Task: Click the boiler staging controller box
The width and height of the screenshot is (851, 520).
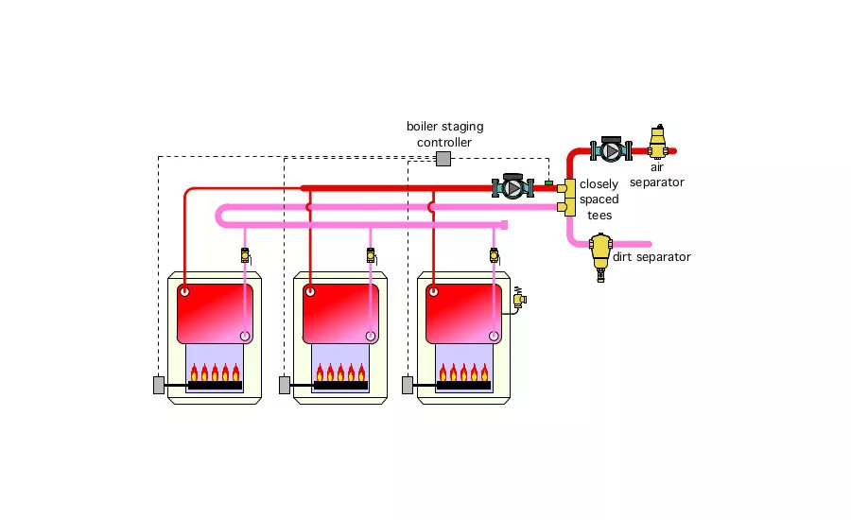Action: [x=443, y=158]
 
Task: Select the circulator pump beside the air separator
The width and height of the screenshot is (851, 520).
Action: [x=611, y=150]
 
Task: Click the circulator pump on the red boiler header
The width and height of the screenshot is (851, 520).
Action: [x=512, y=187]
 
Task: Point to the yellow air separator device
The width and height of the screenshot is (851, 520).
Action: [x=658, y=144]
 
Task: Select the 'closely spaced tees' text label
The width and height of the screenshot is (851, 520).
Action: [x=599, y=199]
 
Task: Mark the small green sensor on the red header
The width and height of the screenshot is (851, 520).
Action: [x=548, y=181]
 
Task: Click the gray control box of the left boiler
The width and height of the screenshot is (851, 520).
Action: [x=158, y=385]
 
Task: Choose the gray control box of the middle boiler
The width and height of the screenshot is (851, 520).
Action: [x=284, y=385]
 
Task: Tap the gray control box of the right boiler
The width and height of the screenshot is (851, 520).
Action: [x=408, y=385]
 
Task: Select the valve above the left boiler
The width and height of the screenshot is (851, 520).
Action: [x=245, y=254]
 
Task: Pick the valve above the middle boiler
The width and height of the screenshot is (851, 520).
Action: [x=370, y=254]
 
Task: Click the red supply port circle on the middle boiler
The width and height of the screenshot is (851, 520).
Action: [x=308, y=293]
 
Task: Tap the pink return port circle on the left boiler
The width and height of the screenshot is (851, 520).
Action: [x=245, y=335]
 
